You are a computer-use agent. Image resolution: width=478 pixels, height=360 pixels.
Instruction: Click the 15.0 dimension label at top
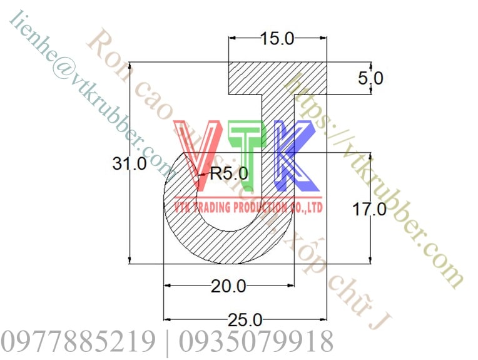(277, 39)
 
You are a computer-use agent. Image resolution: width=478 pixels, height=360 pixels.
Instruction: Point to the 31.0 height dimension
(130, 164)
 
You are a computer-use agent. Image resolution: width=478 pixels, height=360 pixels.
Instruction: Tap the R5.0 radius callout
(228, 173)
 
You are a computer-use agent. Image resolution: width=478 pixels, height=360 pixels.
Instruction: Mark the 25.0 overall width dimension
(245, 321)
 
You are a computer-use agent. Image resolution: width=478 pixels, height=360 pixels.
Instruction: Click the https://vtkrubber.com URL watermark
(375, 182)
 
